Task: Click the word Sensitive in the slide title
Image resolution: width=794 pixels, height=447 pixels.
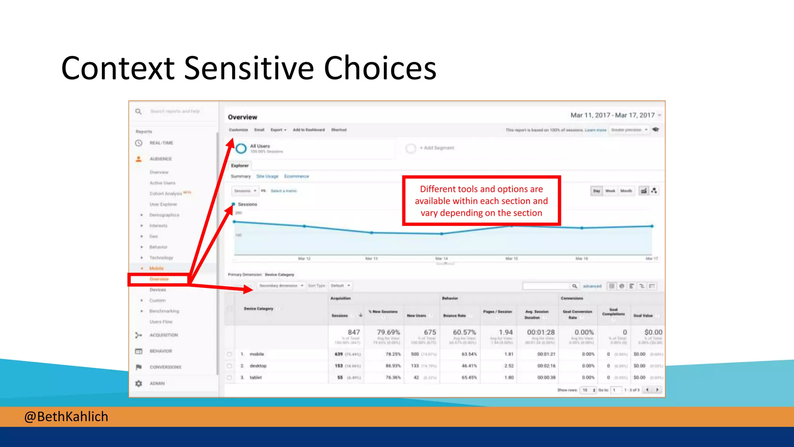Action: [249, 68]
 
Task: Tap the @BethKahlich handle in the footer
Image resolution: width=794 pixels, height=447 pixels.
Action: [66, 417]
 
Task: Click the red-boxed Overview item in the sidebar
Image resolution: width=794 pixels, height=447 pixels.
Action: [159, 279]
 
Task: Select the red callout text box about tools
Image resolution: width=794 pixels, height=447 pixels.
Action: [481, 201]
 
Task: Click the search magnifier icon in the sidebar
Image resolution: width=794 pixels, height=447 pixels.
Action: [138, 112]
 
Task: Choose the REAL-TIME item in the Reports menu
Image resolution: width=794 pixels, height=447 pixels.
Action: [161, 143]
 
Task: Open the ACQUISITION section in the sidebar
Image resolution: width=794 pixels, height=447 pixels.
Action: [164, 335]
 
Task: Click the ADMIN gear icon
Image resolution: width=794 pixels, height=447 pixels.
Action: [139, 383]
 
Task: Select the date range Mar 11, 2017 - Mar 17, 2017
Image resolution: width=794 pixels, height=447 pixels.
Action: [613, 115]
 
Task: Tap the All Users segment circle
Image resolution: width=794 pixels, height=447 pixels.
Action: [241, 148]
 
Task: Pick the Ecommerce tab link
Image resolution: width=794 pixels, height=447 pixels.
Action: [297, 177]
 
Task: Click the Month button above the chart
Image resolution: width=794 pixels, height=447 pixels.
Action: [626, 191]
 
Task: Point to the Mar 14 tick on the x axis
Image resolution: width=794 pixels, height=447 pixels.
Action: [441, 258]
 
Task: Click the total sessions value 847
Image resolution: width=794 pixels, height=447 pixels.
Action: [354, 333]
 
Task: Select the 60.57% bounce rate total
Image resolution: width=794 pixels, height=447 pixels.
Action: [464, 333]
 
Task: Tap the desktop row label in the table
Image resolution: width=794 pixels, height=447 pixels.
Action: [258, 366]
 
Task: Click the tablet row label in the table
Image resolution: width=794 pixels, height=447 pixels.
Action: [255, 378]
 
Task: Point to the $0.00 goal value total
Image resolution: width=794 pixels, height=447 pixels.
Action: [653, 333]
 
